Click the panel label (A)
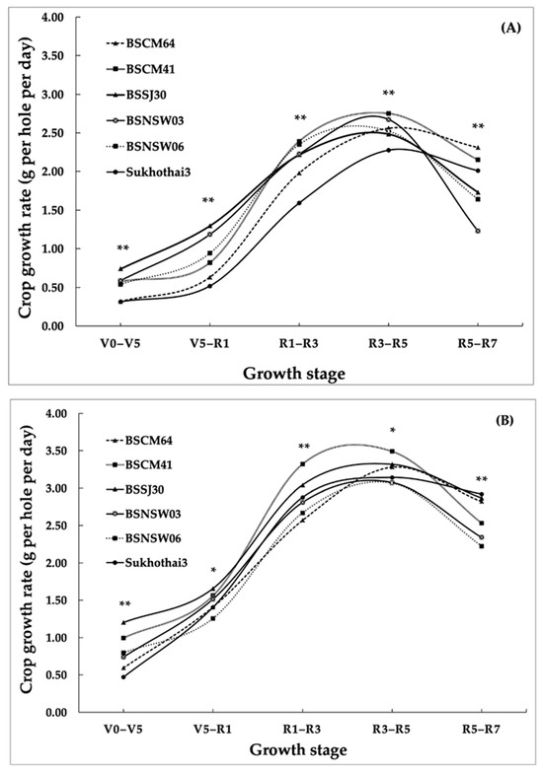(x=510, y=28)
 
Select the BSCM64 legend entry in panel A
(x=140, y=43)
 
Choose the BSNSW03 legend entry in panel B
(x=143, y=515)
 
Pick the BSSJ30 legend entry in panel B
(x=134, y=490)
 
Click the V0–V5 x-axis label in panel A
(x=120, y=344)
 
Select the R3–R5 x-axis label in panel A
(x=388, y=344)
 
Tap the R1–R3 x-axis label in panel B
(x=302, y=730)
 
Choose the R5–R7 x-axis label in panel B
(x=481, y=730)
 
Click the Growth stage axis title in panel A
(x=294, y=375)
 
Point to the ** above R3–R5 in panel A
(x=389, y=94)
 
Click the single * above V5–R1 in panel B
(x=213, y=571)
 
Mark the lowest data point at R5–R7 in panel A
(x=478, y=231)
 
